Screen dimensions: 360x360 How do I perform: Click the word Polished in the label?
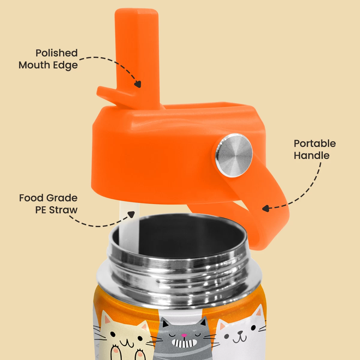tap(56, 53)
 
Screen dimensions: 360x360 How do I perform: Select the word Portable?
tap(315, 144)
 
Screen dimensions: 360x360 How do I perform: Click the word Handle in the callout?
tap(312, 155)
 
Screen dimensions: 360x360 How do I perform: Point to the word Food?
tap(31, 198)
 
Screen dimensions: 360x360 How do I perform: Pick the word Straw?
tap(63, 210)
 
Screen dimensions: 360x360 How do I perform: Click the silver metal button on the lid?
tap(234, 155)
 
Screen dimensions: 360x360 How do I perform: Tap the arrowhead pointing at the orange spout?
tap(138, 84)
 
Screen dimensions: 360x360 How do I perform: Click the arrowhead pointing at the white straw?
tap(131, 214)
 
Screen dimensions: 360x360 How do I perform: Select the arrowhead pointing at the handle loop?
tap(265, 208)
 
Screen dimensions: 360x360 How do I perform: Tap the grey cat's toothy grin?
tap(184, 342)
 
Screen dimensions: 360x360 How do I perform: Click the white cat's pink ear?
tap(259, 312)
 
